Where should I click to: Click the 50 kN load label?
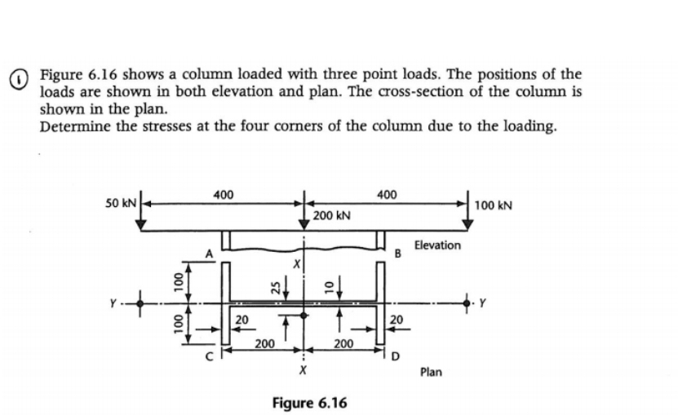click(119, 201)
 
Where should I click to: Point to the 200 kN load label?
click(332, 216)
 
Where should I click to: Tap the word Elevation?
click(436, 245)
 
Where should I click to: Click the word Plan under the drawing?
click(431, 372)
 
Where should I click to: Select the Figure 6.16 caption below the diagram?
click(310, 403)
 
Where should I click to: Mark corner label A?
click(209, 253)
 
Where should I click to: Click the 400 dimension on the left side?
click(220, 195)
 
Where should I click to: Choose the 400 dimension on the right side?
click(387, 195)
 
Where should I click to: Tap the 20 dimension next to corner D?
click(396, 320)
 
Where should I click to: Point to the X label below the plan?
click(303, 371)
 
